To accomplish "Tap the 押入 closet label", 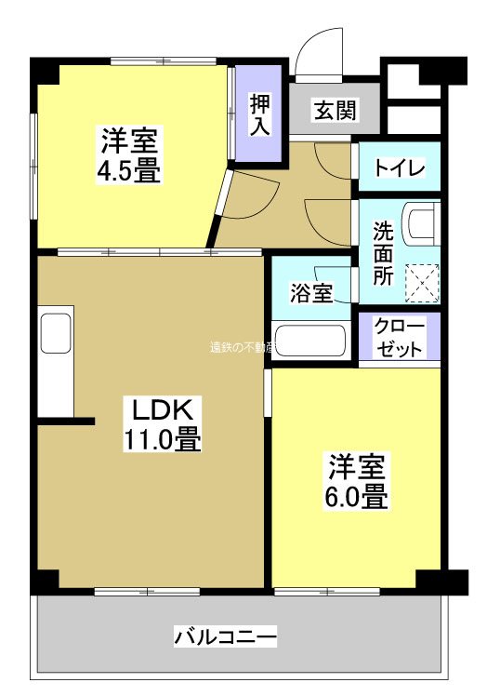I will coord(260,114).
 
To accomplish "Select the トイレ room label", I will coord(400,168).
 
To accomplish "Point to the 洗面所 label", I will coord(384,253).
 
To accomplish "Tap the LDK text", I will coord(161,408).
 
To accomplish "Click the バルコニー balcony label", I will coord(225,637).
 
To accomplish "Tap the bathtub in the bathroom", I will coord(309,341).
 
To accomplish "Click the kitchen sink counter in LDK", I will coord(56,364).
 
